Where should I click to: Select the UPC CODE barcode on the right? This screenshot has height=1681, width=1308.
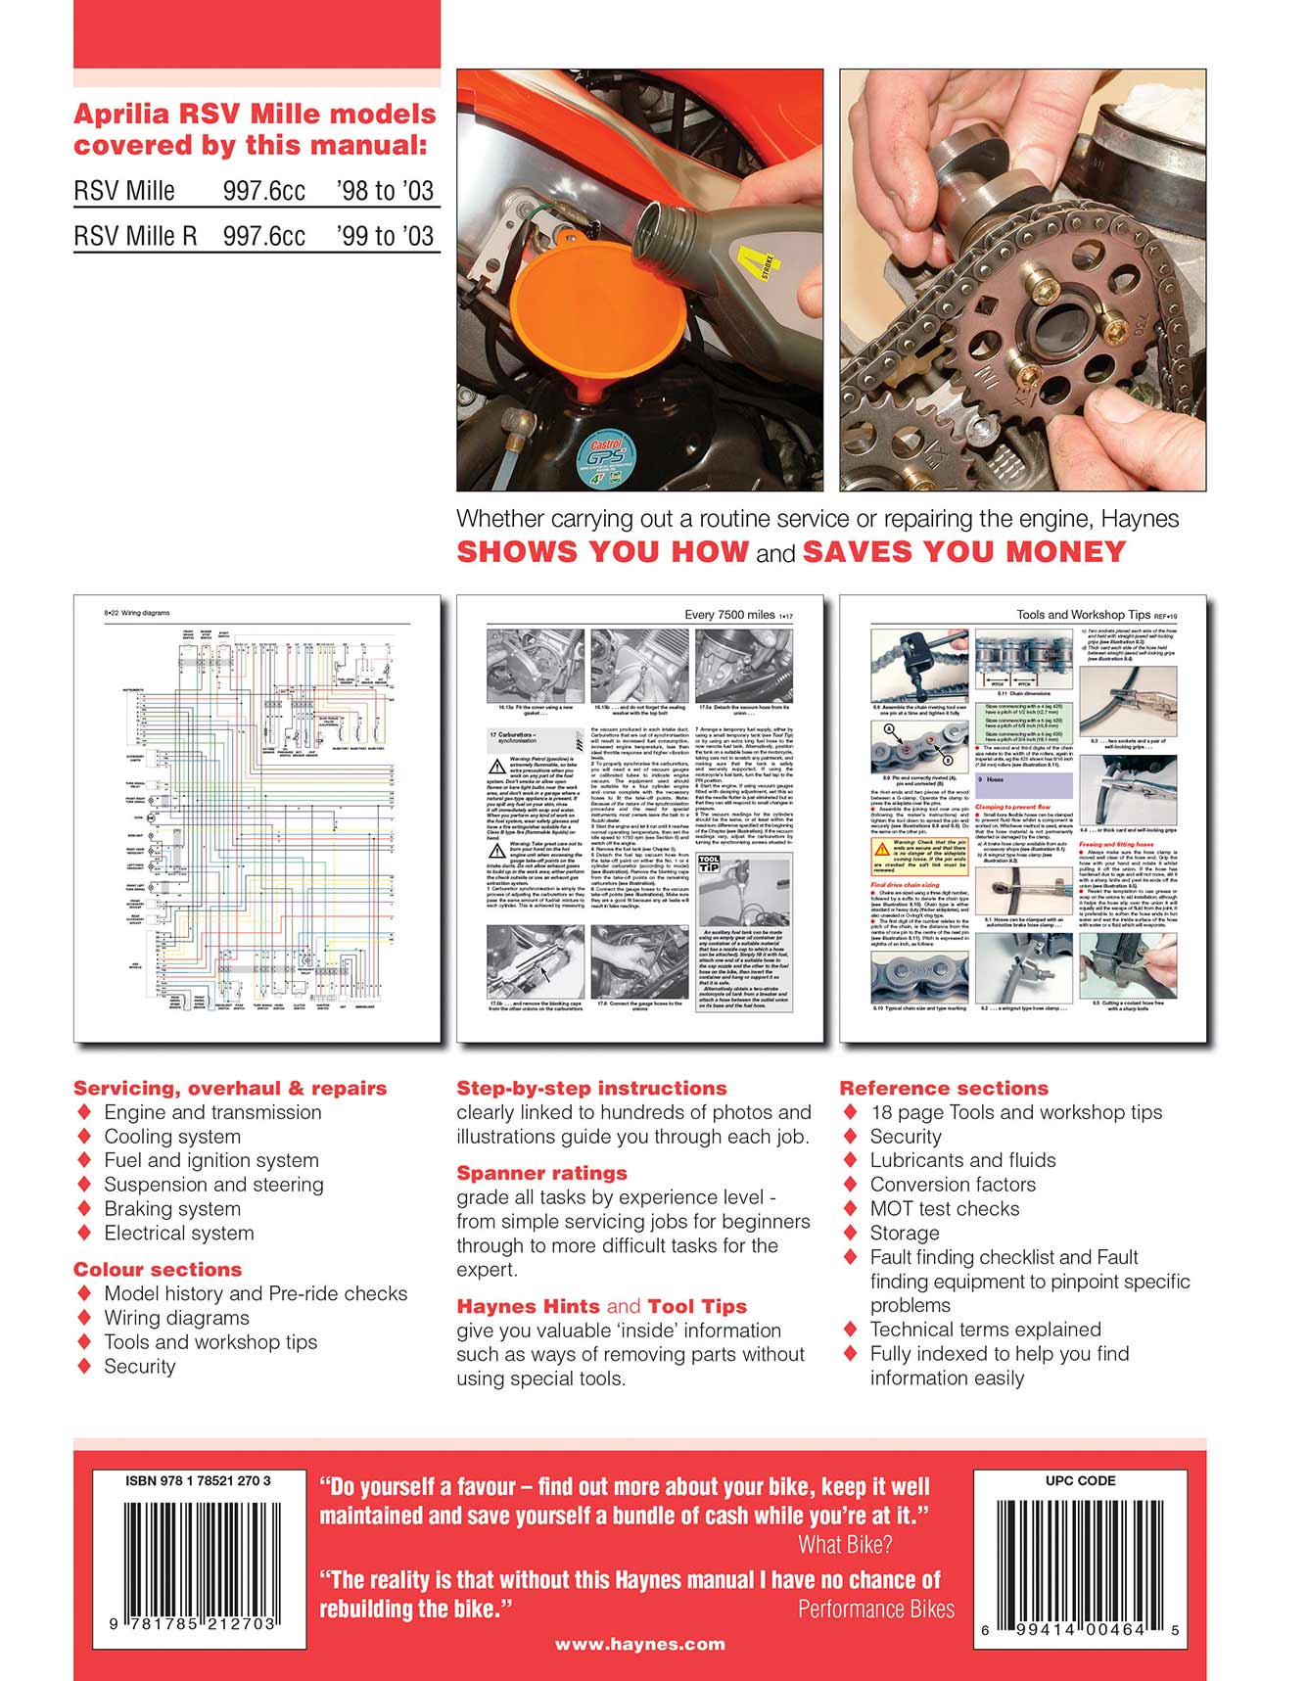pyautogui.click(x=1080, y=1556)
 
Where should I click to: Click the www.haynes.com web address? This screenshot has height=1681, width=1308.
pyautogui.click(x=639, y=1644)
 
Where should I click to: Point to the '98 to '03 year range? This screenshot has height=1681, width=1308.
pyautogui.click(x=385, y=191)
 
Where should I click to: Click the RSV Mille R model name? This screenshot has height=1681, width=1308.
pyautogui.click(x=135, y=236)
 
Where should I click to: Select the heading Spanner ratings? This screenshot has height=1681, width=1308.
pyautogui.click(x=541, y=1173)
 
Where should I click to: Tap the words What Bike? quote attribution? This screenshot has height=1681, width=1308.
pyautogui.click(x=845, y=1545)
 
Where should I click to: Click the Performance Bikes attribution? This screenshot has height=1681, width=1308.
pyautogui.click(x=875, y=1610)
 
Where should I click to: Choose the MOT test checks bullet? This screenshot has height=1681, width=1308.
pyautogui.click(x=944, y=1208)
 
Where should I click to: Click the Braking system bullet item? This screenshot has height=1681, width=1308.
pyautogui.click(x=172, y=1208)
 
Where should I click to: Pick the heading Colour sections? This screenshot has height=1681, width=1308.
pyautogui.click(x=158, y=1269)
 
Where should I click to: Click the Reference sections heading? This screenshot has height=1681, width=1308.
pyautogui.click(x=943, y=1088)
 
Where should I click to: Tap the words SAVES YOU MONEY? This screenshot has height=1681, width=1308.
pyautogui.click(x=963, y=551)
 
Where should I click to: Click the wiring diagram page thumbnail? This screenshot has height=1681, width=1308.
pyautogui.click(x=256, y=817)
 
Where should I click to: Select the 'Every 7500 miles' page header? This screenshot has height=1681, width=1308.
pyautogui.click(x=729, y=615)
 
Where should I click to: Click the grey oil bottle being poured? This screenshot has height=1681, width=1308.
pyautogui.click(x=705, y=245)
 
